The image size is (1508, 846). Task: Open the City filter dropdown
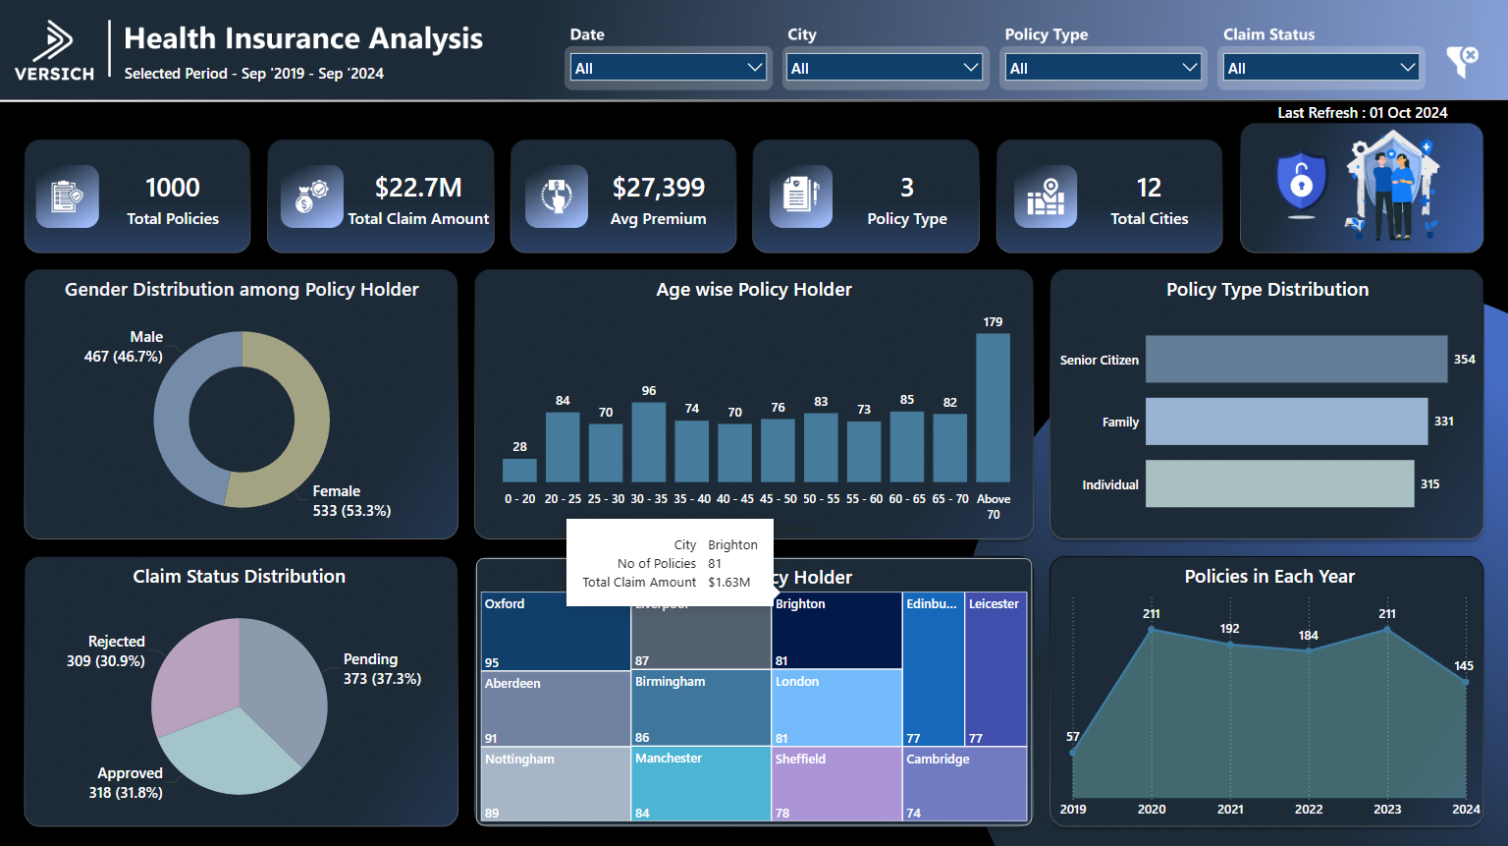click(885, 68)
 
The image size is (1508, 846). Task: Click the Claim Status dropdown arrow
click(1407, 68)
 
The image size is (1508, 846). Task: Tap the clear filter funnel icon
click(1462, 62)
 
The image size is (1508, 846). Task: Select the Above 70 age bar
click(993, 408)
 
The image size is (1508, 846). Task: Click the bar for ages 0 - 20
click(519, 471)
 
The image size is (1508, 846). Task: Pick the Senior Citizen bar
click(1296, 360)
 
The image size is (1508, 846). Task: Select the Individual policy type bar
click(1279, 484)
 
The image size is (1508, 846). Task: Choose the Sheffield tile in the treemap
click(836, 784)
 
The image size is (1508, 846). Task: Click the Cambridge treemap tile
click(964, 784)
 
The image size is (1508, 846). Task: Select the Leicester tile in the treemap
click(996, 669)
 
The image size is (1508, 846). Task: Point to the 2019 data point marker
click(1073, 753)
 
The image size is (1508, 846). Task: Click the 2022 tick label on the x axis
click(1309, 810)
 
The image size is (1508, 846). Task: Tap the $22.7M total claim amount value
click(418, 188)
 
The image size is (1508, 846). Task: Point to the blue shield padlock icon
click(1301, 183)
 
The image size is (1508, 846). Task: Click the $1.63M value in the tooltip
click(728, 583)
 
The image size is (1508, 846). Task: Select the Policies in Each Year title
click(1268, 577)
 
